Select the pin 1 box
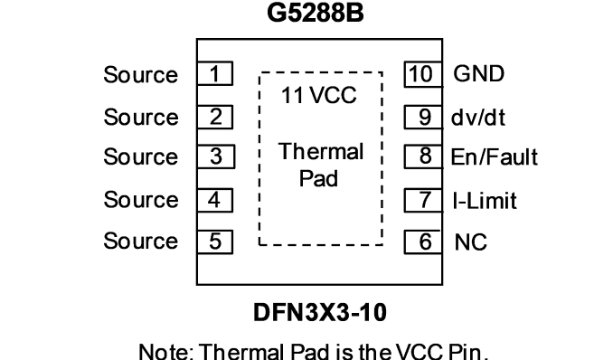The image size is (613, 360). tap(215, 73)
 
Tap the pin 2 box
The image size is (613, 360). tap(215, 117)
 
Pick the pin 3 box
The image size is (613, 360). tap(216, 156)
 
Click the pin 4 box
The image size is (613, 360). tap(215, 200)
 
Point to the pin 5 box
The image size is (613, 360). tap(215, 242)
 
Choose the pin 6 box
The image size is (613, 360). tap(423, 242)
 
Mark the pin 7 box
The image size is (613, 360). tap(423, 200)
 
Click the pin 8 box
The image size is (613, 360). tap(423, 156)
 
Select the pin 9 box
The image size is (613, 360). tap(423, 117)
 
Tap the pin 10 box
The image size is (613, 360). tap(423, 74)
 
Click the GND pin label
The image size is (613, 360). tap(478, 73)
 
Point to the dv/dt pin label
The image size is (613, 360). tap(478, 117)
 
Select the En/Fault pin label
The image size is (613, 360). tap(495, 156)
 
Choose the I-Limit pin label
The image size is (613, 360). tap(485, 200)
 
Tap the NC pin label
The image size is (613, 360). tap(471, 242)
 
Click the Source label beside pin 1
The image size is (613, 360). tap(141, 74)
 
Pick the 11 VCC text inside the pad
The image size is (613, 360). tap(319, 95)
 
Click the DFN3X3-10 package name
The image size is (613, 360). tap(320, 312)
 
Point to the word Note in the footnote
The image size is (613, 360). tap(166, 351)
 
